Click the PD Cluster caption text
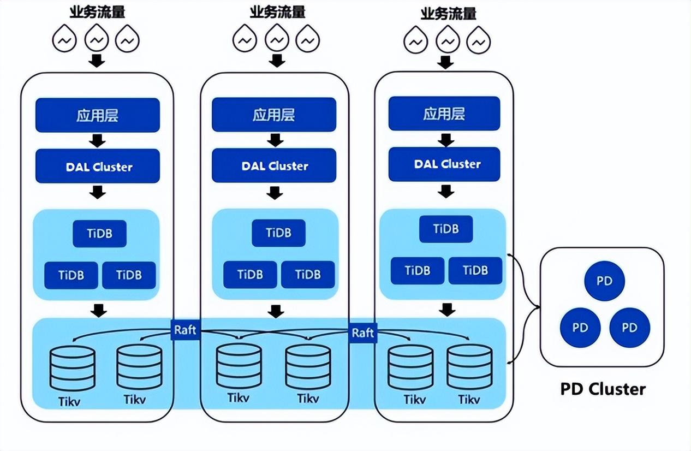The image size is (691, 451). click(603, 389)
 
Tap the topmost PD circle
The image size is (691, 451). click(604, 281)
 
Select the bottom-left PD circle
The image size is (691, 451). click(580, 328)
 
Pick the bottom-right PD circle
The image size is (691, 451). click(629, 328)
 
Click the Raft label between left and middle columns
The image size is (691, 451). click(186, 330)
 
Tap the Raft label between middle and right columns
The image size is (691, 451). click(362, 333)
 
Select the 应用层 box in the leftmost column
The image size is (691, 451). click(97, 115)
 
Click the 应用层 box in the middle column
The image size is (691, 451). click(274, 115)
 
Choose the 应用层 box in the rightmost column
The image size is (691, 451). click(444, 114)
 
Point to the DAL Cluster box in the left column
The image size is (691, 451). click(97, 166)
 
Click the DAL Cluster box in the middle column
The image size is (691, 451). click(274, 166)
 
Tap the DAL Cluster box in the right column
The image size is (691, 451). click(444, 164)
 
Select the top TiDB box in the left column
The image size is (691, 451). click(99, 234)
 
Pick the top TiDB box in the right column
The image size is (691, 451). click(446, 229)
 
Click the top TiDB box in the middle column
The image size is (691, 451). click(278, 233)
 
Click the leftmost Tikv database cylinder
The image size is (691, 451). click(72, 369)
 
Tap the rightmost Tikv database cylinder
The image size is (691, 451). click(469, 367)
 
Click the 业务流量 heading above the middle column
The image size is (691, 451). click(277, 11)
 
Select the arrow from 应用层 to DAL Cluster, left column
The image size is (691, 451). click(97, 140)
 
